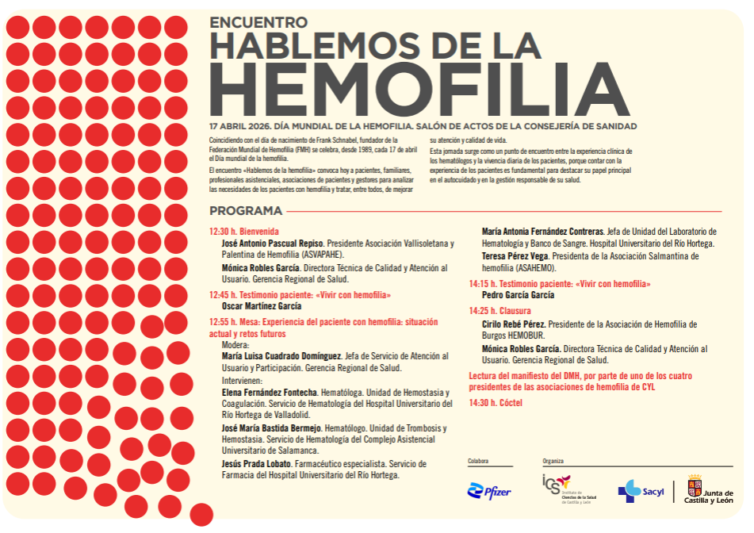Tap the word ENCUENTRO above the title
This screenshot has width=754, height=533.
point(258,23)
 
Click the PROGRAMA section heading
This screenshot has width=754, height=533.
point(246,211)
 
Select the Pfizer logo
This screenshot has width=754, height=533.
point(489,492)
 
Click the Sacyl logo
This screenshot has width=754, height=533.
point(641,491)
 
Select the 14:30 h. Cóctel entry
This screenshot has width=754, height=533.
point(496,403)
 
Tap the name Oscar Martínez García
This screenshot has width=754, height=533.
point(262,306)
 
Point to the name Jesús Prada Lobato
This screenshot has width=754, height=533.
point(257,463)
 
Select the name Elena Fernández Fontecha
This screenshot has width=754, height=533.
point(270,393)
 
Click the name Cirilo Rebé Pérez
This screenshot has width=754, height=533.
point(513,324)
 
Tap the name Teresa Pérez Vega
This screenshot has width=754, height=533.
point(514,256)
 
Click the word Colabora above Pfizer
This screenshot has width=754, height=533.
point(478,461)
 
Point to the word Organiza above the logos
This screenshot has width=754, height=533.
point(553,461)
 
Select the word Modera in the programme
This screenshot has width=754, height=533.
point(235,345)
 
